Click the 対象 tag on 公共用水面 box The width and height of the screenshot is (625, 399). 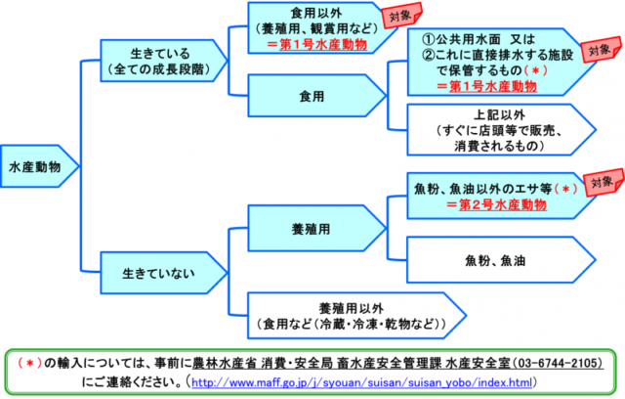[599, 50]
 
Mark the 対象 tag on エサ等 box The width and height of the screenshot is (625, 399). [600, 183]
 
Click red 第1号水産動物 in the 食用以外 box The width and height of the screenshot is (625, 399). [310, 44]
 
